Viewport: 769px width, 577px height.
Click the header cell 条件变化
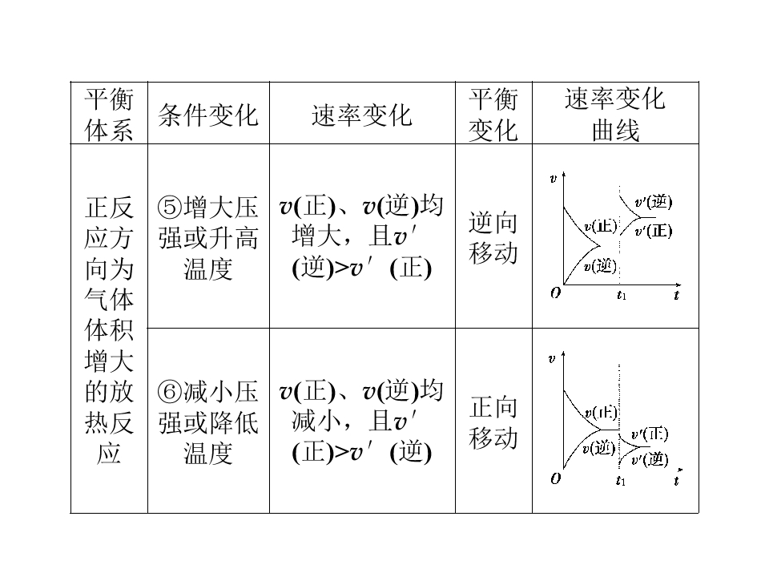click(208, 115)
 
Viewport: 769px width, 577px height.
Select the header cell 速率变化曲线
click(615, 115)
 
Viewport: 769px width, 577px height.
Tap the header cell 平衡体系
click(109, 115)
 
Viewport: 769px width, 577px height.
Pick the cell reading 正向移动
click(493, 422)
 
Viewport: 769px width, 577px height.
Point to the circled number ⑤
click(170, 208)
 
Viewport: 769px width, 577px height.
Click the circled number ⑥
click(170, 392)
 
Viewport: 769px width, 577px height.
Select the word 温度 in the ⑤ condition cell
click(208, 269)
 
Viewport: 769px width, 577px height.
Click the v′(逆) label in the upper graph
click(653, 202)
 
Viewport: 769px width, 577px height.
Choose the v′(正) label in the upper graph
click(653, 231)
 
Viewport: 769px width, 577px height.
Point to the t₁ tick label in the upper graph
click(622, 296)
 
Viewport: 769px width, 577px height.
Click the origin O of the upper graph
click(555, 293)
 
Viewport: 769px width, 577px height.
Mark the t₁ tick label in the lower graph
click(620, 480)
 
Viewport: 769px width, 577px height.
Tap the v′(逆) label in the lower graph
click(650, 460)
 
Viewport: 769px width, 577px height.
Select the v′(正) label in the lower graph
click(650, 434)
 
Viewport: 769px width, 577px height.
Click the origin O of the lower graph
click(555, 478)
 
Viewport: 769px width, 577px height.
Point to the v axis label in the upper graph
click(554, 179)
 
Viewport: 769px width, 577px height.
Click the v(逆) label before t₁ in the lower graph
click(599, 448)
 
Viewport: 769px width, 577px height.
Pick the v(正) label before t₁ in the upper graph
click(600, 226)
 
